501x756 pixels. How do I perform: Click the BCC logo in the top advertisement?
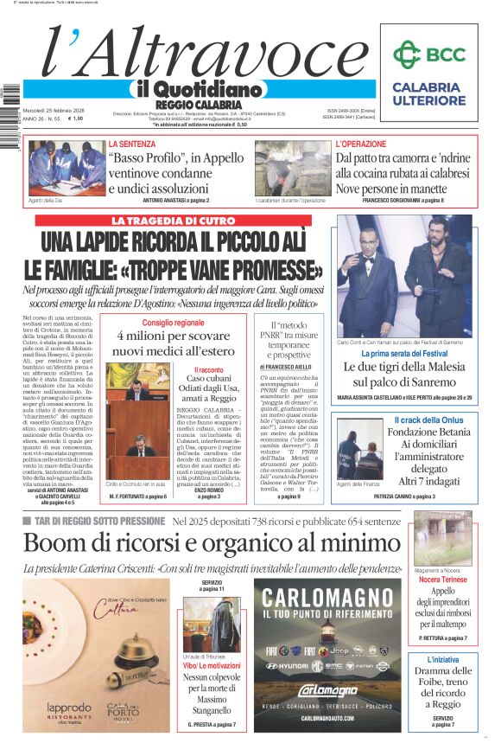coord(429,54)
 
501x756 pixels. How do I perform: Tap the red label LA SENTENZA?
coord(131,144)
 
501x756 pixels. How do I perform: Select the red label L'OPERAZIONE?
coord(361,144)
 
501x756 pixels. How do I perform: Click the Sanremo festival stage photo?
coord(404,276)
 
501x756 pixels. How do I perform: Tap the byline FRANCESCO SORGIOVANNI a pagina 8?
coord(403,201)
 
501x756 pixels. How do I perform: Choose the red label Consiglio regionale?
coord(174,323)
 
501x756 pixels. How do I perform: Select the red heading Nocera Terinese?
coord(442,579)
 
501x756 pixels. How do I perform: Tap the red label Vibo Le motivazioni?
coord(212,665)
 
